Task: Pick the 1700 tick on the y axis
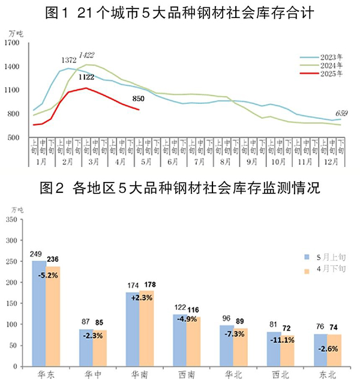tap(13, 43)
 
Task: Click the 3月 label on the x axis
tap(91, 162)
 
